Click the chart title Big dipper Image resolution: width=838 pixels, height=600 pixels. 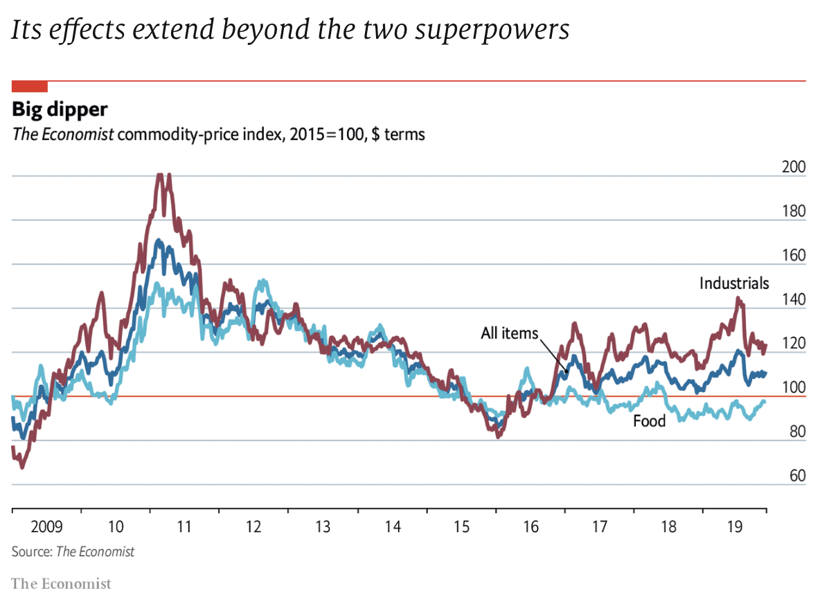pyautogui.click(x=60, y=110)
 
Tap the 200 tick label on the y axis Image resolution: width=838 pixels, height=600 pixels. pyautogui.click(x=792, y=167)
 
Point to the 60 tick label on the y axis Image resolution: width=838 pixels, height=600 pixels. pyautogui.click(x=796, y=476)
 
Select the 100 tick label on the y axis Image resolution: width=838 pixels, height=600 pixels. pyautogui.click(x=792, y=387)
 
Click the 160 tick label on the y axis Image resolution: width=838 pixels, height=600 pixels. pyautogui.click(x=792, y=255)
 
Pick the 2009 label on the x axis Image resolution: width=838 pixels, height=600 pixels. pyautogui.click(x=47, y=527)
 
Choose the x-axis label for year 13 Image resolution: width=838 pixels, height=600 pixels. pyautogui.click(x=323, y=527)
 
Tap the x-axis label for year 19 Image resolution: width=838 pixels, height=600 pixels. pyautogui.click(x=736, y=527)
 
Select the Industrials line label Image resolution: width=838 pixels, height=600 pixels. pyautogui.click(x=733, y=283)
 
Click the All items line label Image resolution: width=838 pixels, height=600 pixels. pyautogui.click(x=509, y=333)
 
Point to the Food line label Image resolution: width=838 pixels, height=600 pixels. pyautogui.click(x=649, y=421)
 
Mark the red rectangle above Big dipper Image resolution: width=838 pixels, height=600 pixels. pyautogui.click(x=30, y=87)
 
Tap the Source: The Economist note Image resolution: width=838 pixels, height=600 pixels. pyautogui.click(x=73, y=552)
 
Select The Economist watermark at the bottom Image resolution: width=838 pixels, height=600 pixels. pyautogui.click(x=61, y=584)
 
